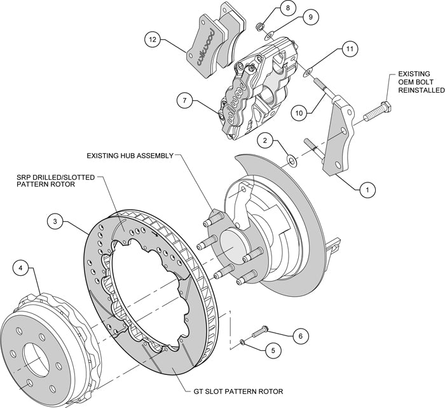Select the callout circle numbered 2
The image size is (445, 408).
[x=268, y=140]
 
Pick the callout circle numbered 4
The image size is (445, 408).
[x=21, y=269]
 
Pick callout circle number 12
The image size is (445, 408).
[x=152, y=39]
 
